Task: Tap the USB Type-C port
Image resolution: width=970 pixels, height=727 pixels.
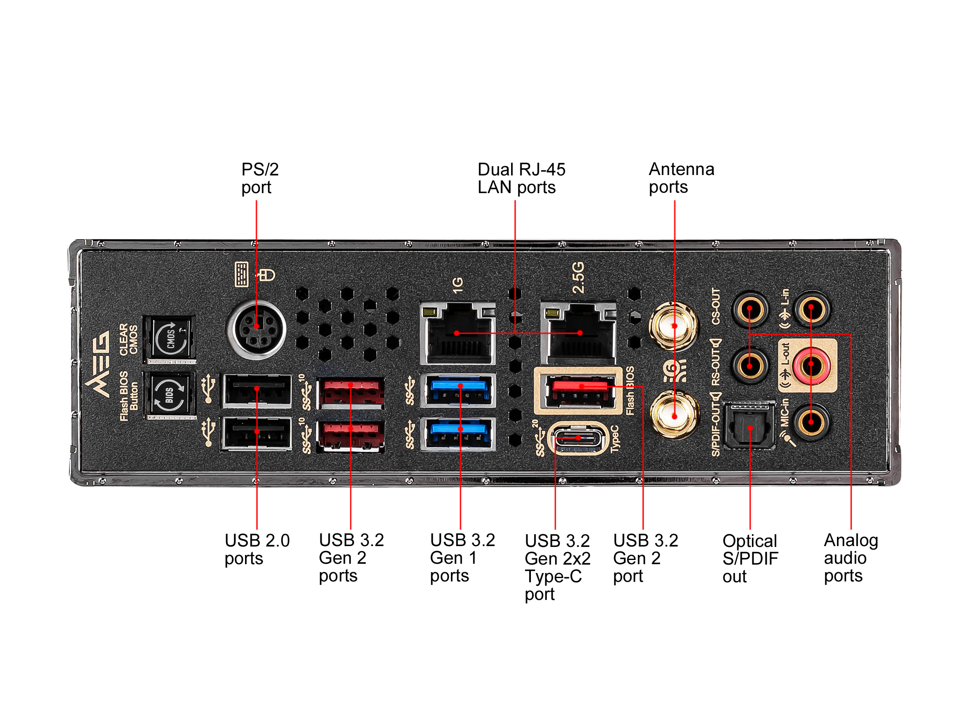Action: click(x=578, y=438)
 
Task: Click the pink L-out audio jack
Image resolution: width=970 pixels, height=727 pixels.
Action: click(x=811, y=364)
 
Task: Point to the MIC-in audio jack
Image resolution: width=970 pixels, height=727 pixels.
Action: click(x=811, y=422)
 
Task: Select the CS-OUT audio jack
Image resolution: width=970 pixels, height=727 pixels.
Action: click(x=749, y=309)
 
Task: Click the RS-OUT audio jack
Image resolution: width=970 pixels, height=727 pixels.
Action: click(x=749, y=365)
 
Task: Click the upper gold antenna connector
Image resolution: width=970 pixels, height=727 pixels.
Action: click(x=674, y=326)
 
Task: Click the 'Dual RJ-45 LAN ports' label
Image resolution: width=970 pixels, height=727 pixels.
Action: click(x=521, y=178)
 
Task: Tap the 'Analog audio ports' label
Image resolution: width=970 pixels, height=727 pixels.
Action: click(x=850, y=558)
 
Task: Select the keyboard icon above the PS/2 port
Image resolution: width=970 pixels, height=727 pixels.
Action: click(x=241, y=274)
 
